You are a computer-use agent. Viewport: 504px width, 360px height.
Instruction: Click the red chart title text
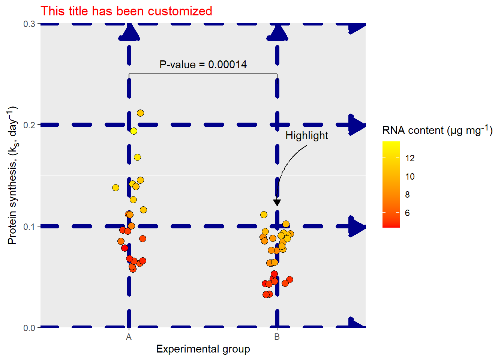coord(126,11)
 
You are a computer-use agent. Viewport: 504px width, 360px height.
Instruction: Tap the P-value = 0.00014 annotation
coord(203,64)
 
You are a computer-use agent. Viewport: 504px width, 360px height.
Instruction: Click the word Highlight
coord(307,135)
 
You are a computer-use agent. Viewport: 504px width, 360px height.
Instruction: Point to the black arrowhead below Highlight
coord(277,202)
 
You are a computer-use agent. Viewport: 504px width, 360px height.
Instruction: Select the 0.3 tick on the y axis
coord(29,24)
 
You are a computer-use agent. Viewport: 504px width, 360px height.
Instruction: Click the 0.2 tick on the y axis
coord(29,125)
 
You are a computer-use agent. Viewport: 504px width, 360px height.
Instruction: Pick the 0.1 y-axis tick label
coord(29,226)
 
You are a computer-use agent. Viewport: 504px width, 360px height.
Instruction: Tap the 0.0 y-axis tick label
coord(29,328)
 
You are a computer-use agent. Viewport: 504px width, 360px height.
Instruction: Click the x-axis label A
coord(129,337)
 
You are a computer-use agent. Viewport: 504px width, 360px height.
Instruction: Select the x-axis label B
coord(277,337)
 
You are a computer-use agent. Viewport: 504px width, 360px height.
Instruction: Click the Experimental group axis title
coord(203,349)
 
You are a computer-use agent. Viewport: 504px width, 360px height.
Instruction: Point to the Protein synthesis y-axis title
coord(12,175)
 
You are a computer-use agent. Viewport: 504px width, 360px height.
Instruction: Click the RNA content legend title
coord(437,130)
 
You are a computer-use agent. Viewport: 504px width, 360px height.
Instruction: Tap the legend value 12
coord(410,158)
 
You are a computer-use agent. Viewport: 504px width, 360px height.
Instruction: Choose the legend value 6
coord(407,213)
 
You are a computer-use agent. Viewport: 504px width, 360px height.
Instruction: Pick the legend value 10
coord(410,177)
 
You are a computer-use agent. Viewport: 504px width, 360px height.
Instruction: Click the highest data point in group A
coord(140,113)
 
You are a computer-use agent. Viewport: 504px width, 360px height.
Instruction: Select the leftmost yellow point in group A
coord(115,187)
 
